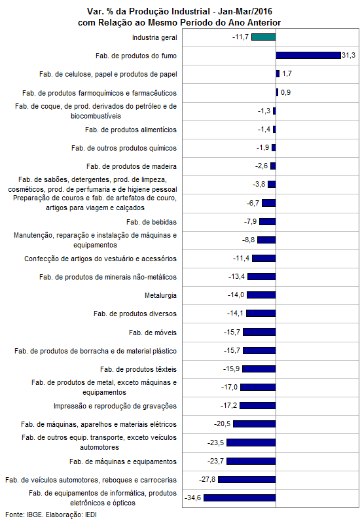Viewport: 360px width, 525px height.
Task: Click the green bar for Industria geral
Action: point(264,37)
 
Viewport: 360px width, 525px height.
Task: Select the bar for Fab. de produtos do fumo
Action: point(308,56)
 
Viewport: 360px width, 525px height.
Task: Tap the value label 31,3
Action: point(349,55)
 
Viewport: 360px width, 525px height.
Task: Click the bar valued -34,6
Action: point(240,498)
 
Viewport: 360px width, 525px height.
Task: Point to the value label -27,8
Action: point(207,479)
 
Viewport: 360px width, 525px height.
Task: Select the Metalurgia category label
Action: point(160,295)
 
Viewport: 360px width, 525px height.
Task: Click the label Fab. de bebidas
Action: point(151,222)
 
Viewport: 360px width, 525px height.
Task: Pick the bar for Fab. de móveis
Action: point(260,332)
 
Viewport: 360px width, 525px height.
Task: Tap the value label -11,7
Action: point(240,37)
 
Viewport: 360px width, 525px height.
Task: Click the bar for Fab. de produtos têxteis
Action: point(259,369)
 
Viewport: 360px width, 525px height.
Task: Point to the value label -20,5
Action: point(223,424)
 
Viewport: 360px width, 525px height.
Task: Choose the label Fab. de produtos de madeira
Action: point(132,166)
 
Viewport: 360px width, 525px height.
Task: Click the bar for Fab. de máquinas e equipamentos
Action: point(251,461)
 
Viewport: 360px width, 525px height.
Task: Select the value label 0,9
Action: point(285,92)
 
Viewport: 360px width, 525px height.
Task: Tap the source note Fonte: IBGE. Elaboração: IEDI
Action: point(51,515)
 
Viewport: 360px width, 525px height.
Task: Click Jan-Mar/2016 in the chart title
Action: point(245,11)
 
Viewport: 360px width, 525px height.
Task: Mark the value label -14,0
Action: point(236,295)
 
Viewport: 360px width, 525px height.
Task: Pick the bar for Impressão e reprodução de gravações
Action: point(258,406)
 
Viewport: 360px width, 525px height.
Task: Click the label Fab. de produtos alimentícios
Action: point(131,130)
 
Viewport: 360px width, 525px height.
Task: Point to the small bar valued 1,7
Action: point(278,74)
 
